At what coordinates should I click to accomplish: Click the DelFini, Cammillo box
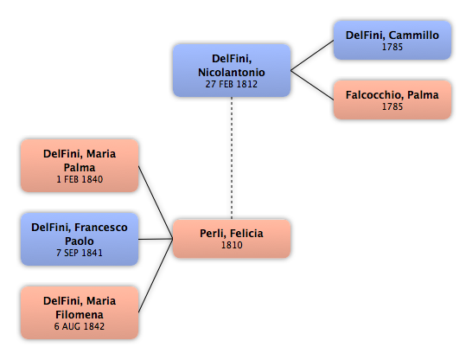392,40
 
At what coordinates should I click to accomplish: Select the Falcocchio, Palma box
392,100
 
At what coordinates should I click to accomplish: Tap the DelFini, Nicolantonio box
232,70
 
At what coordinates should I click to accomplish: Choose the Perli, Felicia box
232,239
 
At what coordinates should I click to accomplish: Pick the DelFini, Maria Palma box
80,165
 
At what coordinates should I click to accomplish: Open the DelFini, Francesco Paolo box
80,239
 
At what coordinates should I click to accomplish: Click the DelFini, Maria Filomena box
80,312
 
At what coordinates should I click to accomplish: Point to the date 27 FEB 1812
232,84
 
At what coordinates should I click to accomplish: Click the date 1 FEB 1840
80,179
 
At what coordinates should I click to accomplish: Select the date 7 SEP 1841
80,253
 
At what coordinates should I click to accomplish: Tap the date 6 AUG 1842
80,326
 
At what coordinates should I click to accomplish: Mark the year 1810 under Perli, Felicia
232,245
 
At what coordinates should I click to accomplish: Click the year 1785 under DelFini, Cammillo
392,47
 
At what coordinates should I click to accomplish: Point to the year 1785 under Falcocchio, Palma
392,106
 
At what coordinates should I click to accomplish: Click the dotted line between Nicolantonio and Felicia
232,158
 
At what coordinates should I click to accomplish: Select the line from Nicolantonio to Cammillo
312,55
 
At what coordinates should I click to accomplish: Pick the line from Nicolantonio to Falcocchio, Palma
312,85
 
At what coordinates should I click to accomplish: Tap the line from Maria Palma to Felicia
156,202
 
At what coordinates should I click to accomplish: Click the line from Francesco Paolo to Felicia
156,239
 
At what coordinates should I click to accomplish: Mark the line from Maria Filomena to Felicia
156,276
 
